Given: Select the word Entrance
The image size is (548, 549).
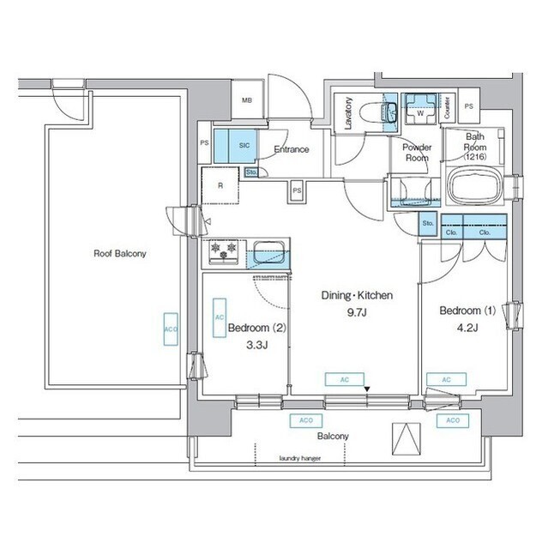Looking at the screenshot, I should click(291, 150).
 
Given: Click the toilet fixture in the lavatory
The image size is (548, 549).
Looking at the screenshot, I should click(376, 112).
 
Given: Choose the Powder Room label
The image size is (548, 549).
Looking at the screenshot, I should click(417, 153).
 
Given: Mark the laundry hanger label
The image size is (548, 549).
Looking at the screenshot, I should click(298, 458).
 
